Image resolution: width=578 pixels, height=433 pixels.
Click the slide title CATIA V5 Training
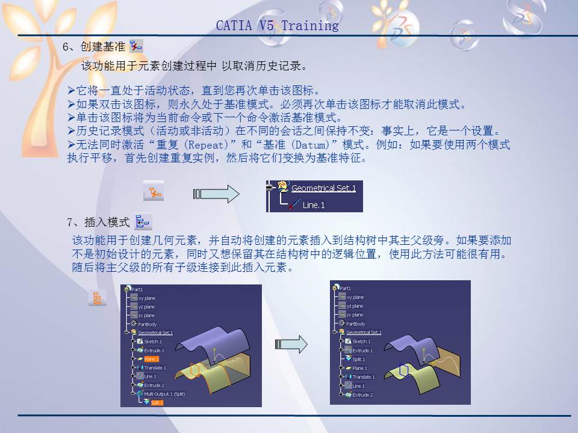[277, 26]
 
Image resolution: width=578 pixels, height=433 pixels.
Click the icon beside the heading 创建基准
[136, 47]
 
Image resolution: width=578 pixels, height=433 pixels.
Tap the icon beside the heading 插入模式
[143, 222]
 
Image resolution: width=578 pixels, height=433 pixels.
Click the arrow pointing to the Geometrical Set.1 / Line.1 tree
[216, 194]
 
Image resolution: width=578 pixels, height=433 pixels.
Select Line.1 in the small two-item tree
[313, 205]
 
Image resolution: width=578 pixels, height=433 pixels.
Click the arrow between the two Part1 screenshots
[291, 344]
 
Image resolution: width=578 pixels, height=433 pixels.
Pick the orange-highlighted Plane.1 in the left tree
[151, 359]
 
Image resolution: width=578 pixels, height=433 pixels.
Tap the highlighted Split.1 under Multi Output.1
[157, 402]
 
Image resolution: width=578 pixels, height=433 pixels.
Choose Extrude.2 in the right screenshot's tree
[362, 395]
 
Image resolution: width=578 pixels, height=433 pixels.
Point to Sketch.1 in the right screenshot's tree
[362, 341]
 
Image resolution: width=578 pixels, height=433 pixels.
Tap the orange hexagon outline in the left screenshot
[194, 370]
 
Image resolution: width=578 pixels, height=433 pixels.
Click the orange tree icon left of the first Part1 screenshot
[96, 298]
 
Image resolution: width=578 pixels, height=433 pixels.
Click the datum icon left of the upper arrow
[154, 194]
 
